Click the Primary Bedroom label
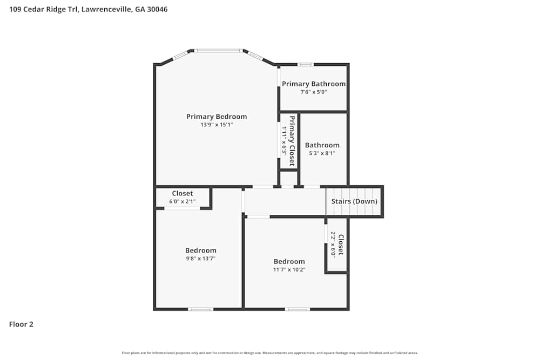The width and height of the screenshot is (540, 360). (x=217, y=117)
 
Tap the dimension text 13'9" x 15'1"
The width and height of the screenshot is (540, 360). (x=217, y=125)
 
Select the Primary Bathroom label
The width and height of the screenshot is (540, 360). (x=314, y=84)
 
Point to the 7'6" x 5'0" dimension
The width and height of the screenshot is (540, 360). (x=314, y=92)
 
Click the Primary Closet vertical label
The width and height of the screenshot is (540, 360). (x=292, y=140)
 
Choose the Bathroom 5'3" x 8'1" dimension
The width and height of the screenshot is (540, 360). (x=322, y=153)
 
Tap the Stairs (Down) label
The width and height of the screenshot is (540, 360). (x=354, y=201)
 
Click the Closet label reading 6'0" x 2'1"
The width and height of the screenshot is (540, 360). (x=183, y=201)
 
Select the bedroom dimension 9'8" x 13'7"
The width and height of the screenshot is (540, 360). (x=201, y=259)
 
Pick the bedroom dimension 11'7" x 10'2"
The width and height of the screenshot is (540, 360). (x=289, y=269)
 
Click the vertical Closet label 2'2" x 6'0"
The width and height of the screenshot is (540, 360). (x=340, y=244)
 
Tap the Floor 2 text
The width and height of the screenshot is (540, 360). (x=21, y=324)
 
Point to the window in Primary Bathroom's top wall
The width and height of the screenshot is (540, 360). (x=306, y=65)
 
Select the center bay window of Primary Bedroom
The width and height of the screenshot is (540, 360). (x=218, y=51)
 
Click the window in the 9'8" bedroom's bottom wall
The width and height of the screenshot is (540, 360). (x=200, y=309)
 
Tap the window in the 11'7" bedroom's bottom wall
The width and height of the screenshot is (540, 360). (x=298, y=309)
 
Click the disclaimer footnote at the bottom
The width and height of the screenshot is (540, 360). (x=270, y=353)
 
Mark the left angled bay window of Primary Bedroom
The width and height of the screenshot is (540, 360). (x=180, y=56)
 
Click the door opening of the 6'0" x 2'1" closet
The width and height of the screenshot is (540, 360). (x=182, y=208)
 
